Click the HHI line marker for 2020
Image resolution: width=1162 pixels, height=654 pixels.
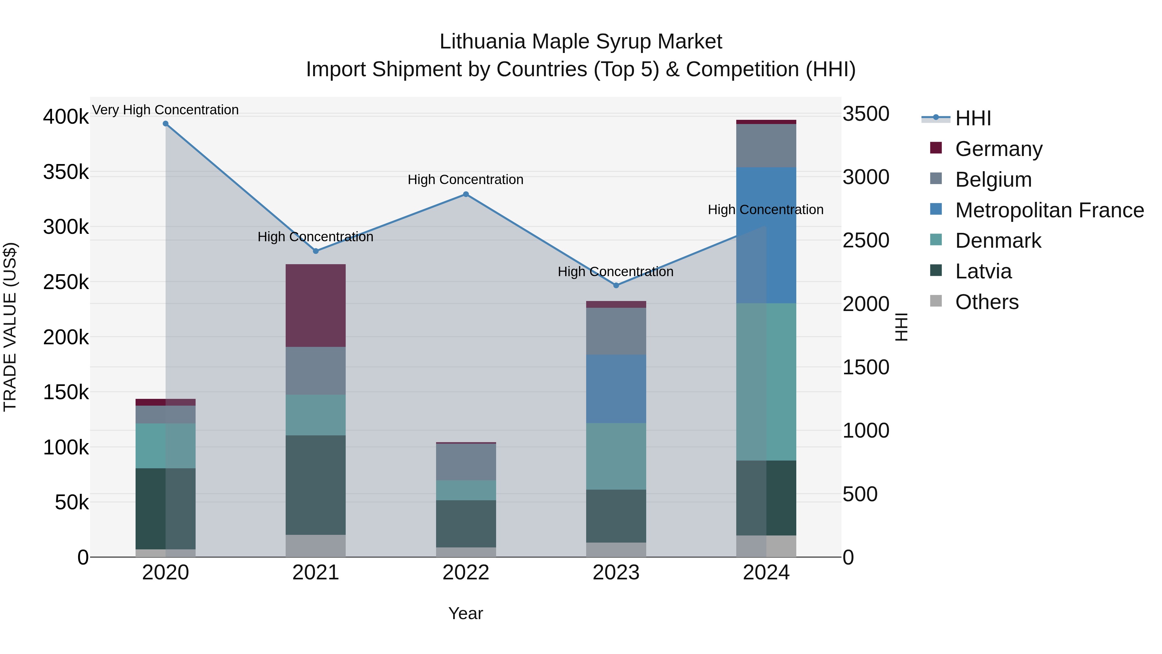tap(166, 124)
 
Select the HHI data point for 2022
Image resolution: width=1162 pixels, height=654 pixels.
tap(466, 194)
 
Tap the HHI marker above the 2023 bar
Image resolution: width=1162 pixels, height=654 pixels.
tap(616, 285)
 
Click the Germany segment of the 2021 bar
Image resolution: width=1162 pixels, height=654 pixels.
tap(315, 306)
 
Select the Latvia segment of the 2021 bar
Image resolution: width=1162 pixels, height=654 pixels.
tap(315, 485)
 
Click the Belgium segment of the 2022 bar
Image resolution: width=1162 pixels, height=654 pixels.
tap(466, 462)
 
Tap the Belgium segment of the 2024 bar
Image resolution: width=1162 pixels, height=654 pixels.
tap(766, 146)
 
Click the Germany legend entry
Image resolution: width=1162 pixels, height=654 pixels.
tap(998, 149)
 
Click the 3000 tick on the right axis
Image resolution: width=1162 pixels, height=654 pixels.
tap(866, 177)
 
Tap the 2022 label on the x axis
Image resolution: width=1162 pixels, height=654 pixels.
tap(466, 573)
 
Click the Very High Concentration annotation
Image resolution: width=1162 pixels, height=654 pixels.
tap(166, 110)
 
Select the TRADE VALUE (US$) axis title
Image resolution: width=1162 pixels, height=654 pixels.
tap(10, 327)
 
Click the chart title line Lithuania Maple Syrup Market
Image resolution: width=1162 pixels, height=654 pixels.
tap(581, 42)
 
